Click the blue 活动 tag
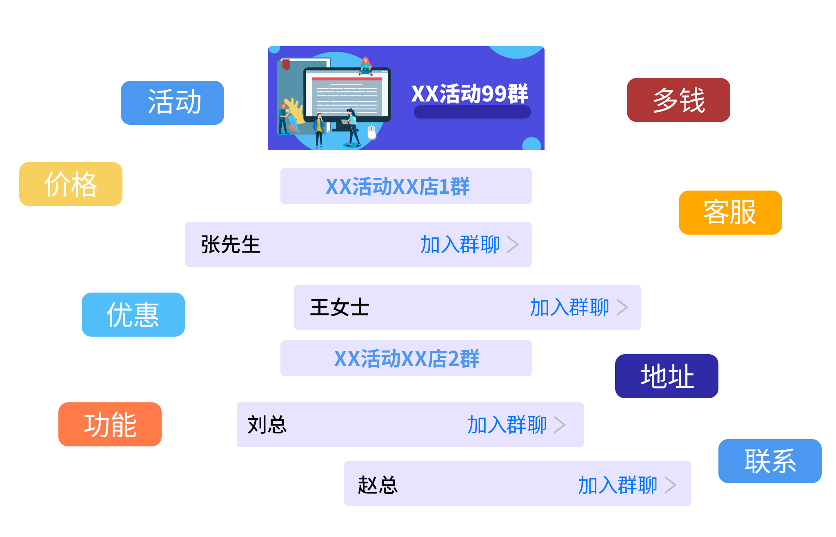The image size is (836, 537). pos(172,102)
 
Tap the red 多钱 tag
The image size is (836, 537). pos(678,100)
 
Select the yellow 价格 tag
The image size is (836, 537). pos(71,184)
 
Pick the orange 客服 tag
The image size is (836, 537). pos(730,213)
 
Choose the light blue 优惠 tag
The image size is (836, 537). pos(133,315)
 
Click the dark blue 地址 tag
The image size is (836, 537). pos(667,376)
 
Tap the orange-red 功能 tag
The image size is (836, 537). pos(110,424)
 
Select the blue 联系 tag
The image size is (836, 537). pos(770,461)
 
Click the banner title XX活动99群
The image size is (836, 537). pos(469,94)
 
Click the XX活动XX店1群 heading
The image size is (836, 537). pos(398,186)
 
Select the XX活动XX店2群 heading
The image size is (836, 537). pos(407,359)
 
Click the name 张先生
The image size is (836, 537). pos(231,244)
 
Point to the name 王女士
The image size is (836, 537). pos(340,307)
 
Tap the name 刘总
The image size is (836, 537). pos(267,425)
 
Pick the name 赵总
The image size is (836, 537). pos(378,485)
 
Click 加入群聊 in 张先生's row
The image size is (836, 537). pos(460,244)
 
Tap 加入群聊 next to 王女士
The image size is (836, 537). pos(569,307)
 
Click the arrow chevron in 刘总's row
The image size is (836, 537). pos(560,425)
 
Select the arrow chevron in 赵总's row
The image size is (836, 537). pos(670,485)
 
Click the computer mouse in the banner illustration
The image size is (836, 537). pos(371,132)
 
